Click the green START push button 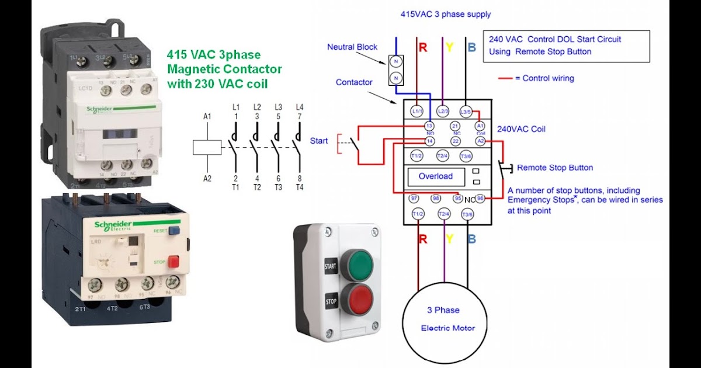click(x=357, y=266)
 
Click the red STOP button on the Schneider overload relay click(x=173, y=262)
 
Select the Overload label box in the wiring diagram click(x=435, y=176)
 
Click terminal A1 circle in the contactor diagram click(x=480, y=126)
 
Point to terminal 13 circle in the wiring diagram click(x=429, y=126)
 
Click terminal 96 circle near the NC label click(x=480, y=199)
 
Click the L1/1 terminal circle click(x=418, y=110)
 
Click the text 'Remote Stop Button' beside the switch click(x=555, y=168)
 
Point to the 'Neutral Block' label click(x=352, y=47)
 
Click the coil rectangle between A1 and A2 click(x=207, y=147)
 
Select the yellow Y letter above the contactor click(x=448, y=47)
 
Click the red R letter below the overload click(x=422, y=239)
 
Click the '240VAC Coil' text click(x=521, y=130)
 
